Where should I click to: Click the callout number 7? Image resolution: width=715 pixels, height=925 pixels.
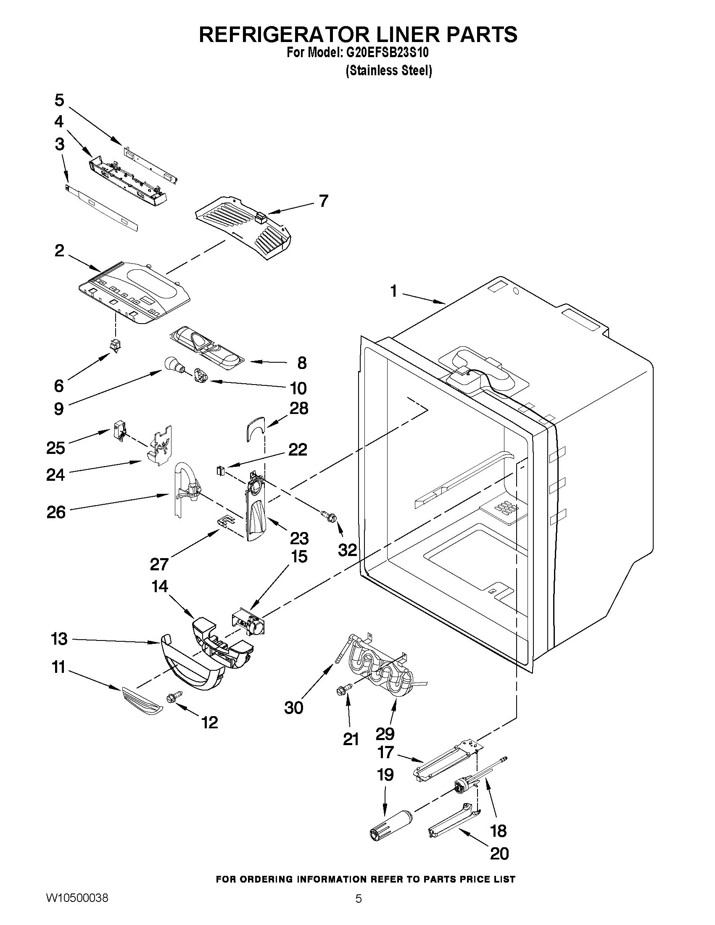point(323,200)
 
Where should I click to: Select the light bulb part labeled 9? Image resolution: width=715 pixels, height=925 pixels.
point(173,364)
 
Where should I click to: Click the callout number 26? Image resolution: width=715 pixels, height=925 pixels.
point(56,512)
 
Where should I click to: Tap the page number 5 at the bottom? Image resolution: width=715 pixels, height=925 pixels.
point(359,909)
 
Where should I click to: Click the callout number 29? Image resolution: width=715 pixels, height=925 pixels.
point(385,733)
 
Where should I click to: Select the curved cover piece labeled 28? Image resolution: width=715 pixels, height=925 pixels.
point(255,428)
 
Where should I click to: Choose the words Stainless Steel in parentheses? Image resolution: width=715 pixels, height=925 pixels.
point(389,70)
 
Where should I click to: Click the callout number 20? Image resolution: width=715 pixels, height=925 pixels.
point(499,854)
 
